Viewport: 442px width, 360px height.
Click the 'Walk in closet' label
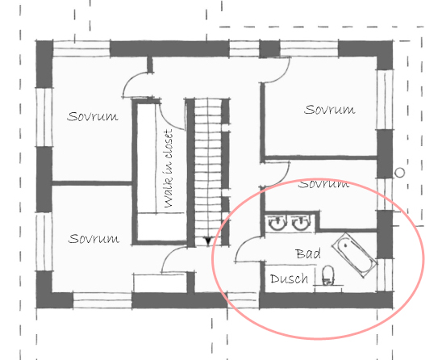click(x=168, y=169)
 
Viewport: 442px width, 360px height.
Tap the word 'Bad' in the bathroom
click(x=308, y=253)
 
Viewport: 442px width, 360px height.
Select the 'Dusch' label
click(x=290, y=278)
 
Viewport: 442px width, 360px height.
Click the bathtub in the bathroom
click(x=355, y=255)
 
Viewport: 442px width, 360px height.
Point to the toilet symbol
click(x=327, y=275)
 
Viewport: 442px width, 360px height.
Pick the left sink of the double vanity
click(x=277, y=223)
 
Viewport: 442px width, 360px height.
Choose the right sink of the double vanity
click(x=301, y=223)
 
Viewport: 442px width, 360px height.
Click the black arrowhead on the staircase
click(x=208, y=241)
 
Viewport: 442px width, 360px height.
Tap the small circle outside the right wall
click(x=399, y=173)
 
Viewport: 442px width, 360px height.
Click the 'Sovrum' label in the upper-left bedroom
click(x=93, y=116)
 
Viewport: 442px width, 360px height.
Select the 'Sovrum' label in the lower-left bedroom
click(x=94, y=239)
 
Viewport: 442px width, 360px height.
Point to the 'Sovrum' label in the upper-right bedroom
click(x=330, y=109)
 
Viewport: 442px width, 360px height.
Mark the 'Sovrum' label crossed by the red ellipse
click(x=323, y=184)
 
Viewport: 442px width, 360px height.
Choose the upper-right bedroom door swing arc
click(x=283, y=76)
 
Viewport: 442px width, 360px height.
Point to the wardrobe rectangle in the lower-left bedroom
click(x=160, y=283)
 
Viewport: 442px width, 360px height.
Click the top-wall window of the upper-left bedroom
click(x=81, y=48)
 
